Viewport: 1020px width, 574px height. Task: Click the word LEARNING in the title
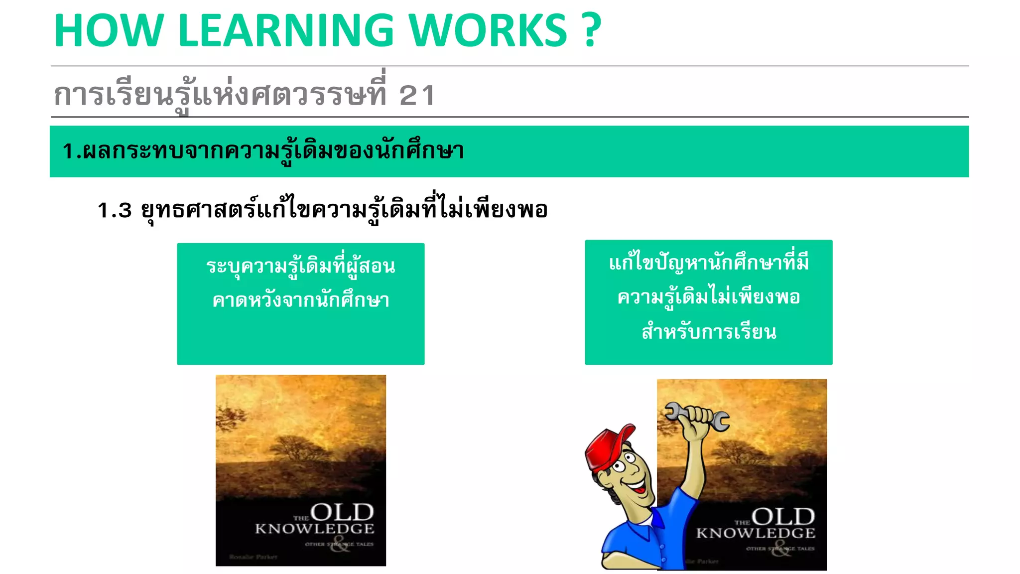coord(286,31)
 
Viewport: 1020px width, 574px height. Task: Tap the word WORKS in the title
coord(488,31)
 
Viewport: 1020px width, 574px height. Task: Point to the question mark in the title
coord(591,31)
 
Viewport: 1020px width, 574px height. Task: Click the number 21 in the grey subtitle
coord(417,95)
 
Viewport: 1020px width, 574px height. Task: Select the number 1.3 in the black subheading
coord(115,210)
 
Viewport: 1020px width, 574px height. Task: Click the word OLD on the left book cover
coord(342,512)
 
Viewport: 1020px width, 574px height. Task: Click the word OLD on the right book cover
coord(783,517)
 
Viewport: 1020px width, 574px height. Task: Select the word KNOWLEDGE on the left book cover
coord(314,529)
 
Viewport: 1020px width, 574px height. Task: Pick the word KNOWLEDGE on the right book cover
coord(756,533)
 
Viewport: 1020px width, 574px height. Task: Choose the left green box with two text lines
coord(301,303)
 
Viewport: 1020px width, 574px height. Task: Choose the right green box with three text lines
coord(708,302)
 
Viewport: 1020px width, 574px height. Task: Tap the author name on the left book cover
coord(254,557)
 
